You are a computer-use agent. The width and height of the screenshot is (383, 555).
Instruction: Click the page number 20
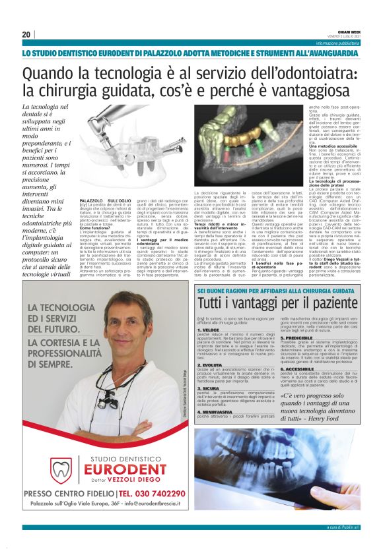[x=26, y=34]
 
